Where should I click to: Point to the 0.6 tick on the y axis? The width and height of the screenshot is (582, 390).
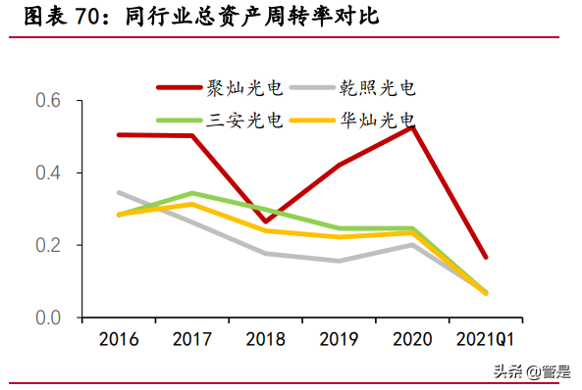tap(48, 101)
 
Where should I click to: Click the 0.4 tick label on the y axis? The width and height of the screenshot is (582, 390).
tap(48, 173)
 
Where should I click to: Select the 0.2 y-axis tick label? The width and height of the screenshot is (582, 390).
tap(48, 245)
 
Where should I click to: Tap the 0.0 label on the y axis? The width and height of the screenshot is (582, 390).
tap(48, 317)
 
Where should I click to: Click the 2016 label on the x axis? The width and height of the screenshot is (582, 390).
tap(119, 340)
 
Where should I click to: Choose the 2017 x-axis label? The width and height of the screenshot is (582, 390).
tap(193, 340)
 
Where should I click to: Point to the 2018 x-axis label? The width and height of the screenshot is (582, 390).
tap(267, 340)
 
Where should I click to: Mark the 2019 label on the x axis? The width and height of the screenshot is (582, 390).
tap(341, 340)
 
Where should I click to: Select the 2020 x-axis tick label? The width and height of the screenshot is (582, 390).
tap(413, 340)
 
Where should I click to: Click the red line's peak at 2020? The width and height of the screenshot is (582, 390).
tap(413, 126)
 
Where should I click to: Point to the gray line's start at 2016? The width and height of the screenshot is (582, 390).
tap(119, 192)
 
